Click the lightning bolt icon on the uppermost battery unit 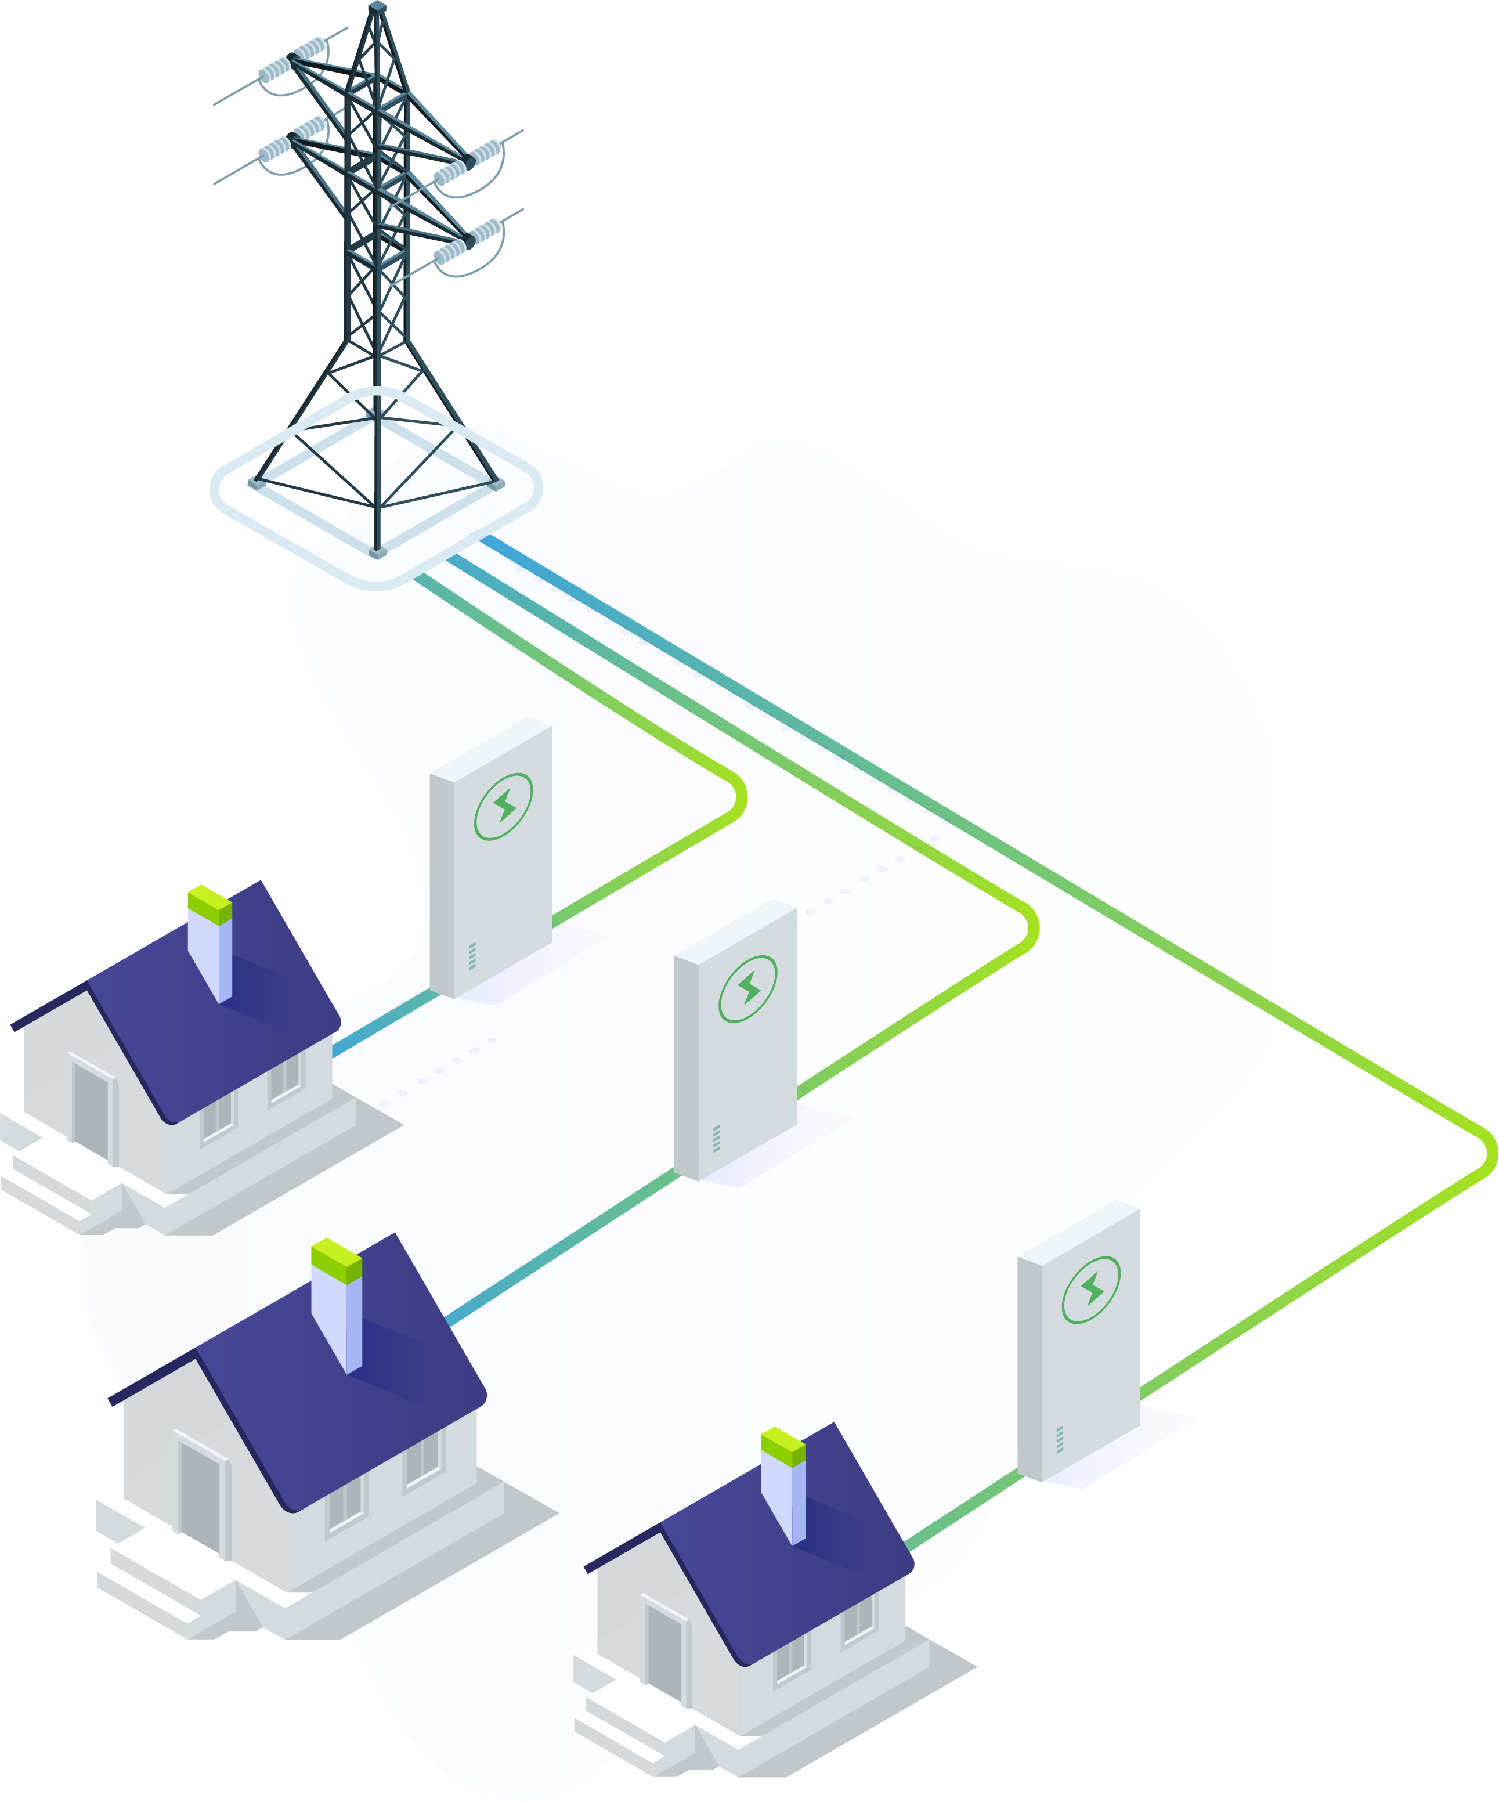point(504,807)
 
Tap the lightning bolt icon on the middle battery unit point(748,988)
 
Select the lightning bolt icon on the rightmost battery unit point(1092,1290)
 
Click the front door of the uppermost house point(92,1107)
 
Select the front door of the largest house point(200,1492)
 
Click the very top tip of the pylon point(377,7)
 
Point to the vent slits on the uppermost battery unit point(472,956)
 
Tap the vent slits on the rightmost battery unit point(1060,1439)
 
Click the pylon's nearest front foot point(377,552)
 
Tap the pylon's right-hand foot point(496,484)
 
